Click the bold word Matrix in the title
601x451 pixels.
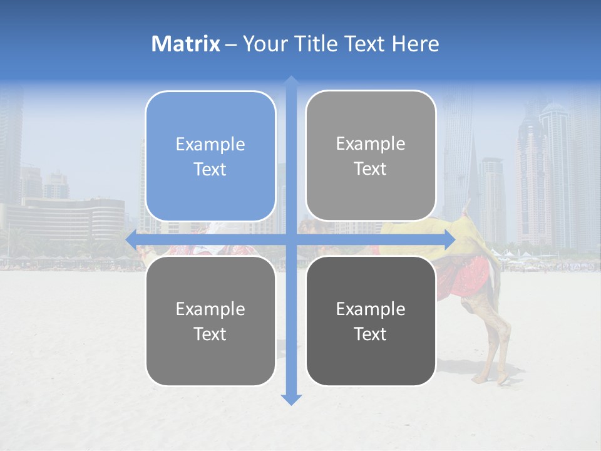point(186,44)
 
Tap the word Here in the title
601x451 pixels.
point(415,44)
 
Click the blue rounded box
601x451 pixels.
point(210,156)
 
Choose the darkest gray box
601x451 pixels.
point(371,321)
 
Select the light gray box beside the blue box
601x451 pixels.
point(371,155)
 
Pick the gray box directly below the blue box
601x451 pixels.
point(210,321)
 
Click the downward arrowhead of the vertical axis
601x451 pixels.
point(291,399)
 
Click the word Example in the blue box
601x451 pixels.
point(210,144)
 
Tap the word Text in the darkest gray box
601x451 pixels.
point(371,334)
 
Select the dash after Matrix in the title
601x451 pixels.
point(231,44)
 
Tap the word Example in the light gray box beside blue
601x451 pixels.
point(371,143)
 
